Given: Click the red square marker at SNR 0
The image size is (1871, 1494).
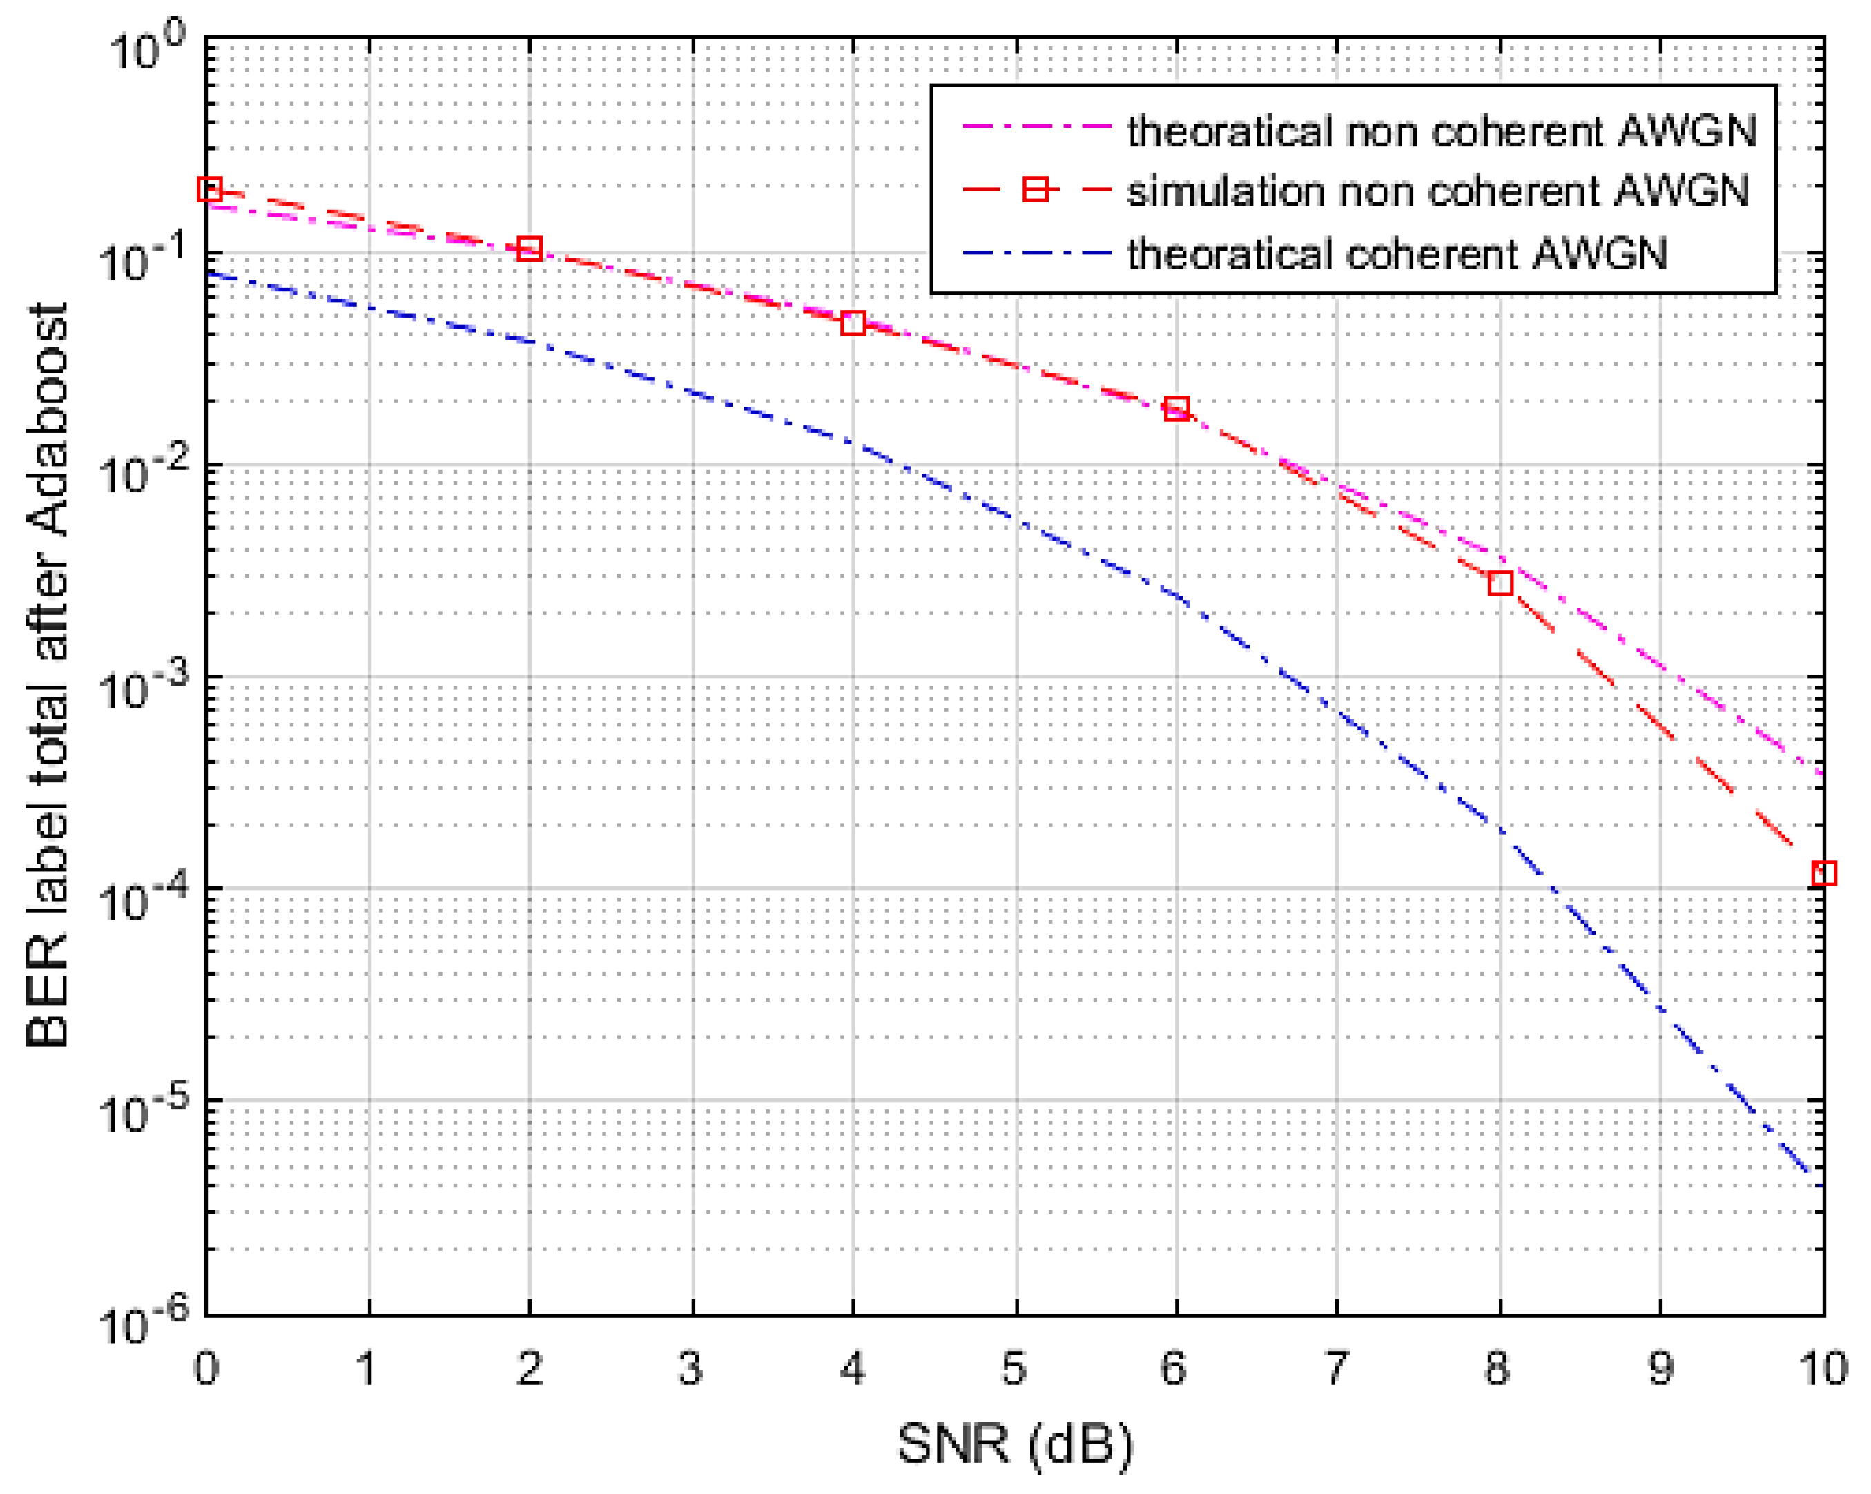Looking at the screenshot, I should (209, 189).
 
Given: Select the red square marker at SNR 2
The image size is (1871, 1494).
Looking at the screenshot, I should (530, 249).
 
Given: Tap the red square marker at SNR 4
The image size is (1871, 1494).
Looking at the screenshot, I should (853, 324).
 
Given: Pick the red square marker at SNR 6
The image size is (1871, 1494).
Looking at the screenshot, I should (1176, 408).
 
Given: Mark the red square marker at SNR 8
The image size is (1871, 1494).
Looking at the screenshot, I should (1500, 583).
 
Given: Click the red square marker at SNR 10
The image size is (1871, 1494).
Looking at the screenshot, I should (1823, 873).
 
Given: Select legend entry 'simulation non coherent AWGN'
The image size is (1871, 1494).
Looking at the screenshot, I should (1437, 190).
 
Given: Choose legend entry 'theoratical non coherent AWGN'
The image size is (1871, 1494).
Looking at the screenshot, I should (1442, 131).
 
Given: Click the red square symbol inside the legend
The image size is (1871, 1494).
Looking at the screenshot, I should (1036, 189).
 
